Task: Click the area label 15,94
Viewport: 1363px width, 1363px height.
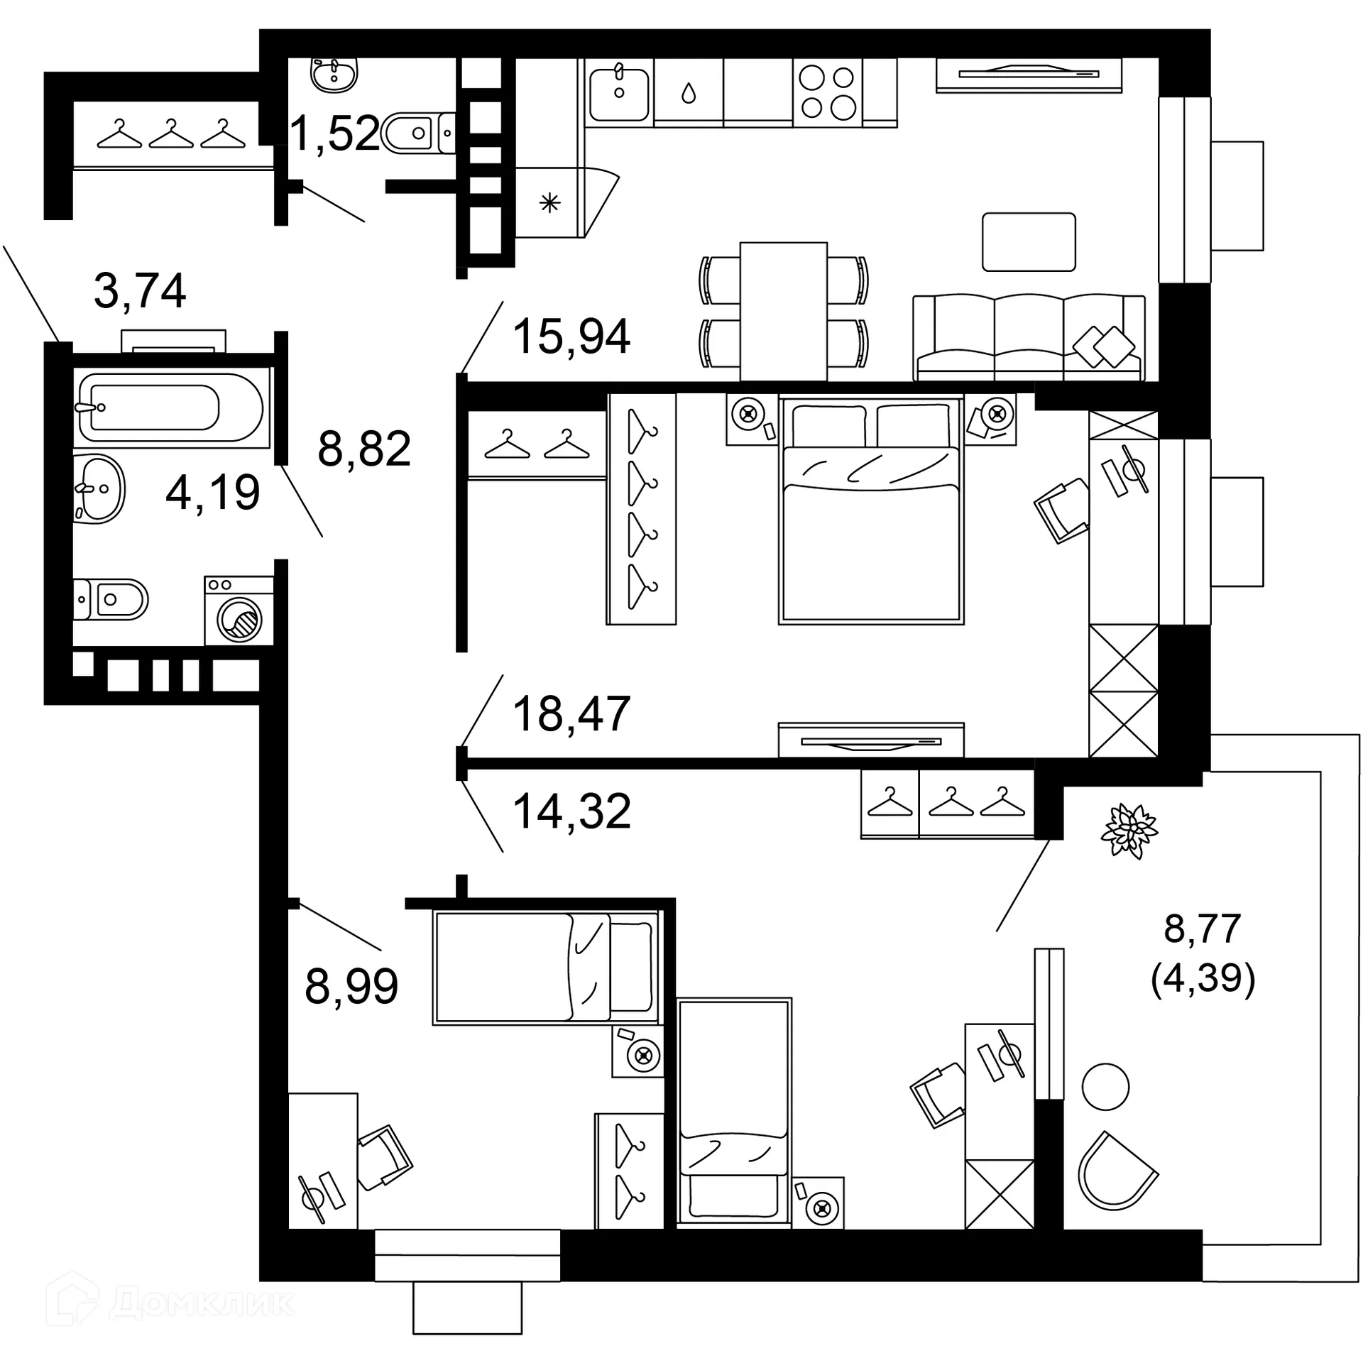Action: [x=571, y=336]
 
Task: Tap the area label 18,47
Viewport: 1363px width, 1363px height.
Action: [x=571, y=714]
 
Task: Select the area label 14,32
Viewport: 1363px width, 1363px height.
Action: [x=571, y=811]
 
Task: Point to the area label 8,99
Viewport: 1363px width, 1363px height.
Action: [x=351, y=986]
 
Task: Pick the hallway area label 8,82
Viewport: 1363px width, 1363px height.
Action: [x=364, y=449]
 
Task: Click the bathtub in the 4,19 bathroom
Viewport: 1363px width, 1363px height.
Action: [x=171, y=407]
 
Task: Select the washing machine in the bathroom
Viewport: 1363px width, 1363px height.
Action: [x=239, y=611]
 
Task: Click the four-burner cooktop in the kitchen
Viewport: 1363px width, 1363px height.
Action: [x=828, y=92]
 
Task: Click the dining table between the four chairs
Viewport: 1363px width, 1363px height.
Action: [x=783, y=312]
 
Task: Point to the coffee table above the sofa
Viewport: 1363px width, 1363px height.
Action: [x=1029, y=242]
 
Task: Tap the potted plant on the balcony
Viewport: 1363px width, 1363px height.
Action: [x=1129, y=831]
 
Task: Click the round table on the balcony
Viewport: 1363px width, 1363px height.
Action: [x=1105, y=1087]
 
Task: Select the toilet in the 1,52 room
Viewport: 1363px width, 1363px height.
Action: [x=418, y=133]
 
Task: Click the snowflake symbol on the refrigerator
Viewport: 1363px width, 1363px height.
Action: [x=550, y=204]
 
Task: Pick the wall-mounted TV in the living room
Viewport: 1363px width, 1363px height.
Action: [x=1029, y=75]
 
